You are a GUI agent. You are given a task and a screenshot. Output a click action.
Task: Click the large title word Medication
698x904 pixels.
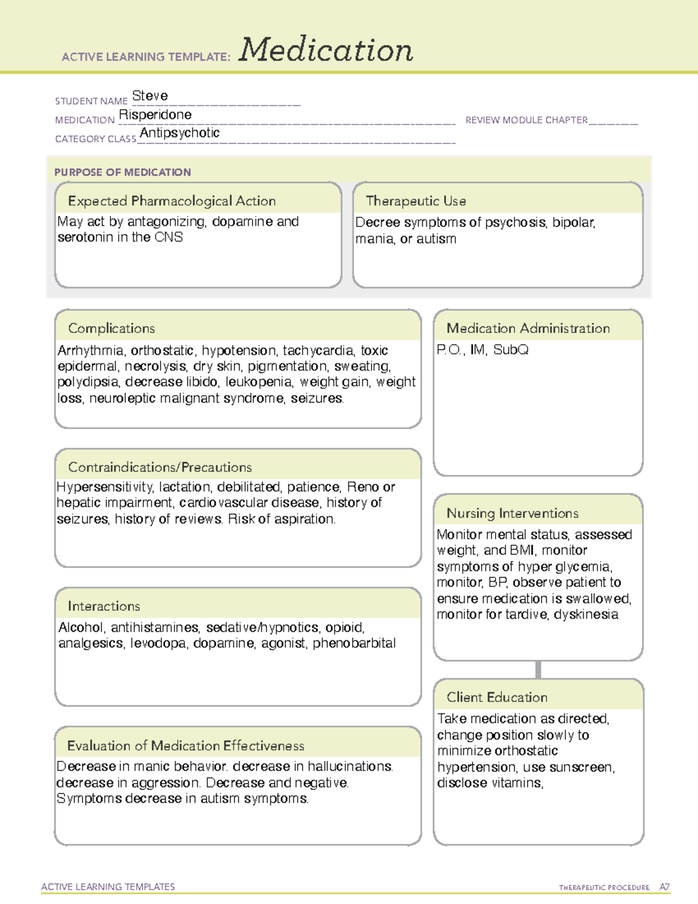click(326, 50)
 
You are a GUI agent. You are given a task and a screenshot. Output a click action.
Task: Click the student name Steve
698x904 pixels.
click(150, 95)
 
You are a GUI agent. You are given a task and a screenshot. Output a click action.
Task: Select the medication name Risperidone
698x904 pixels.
click(155, 115)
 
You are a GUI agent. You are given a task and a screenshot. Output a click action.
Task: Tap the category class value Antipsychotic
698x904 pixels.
click(180, 133)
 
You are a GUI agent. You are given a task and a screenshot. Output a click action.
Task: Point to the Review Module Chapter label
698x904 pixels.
click(526, 120)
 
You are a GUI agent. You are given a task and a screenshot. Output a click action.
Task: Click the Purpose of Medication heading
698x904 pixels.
click(123, 172)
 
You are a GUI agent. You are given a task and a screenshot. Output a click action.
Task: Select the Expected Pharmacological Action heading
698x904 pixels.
click(172, 201)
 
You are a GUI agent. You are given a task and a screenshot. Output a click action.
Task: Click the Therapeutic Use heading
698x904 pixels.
click(416, 201)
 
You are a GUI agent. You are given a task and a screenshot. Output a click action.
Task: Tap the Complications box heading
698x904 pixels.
click(112, 328)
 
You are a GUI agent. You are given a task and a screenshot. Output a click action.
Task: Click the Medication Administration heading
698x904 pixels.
click(528, 328)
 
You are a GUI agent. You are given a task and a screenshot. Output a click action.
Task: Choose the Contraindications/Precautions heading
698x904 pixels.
click(160, 467)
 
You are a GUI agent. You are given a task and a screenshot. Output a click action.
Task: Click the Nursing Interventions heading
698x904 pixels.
click(512, 513)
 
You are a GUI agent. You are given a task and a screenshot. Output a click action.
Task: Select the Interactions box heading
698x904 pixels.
click(104, 606)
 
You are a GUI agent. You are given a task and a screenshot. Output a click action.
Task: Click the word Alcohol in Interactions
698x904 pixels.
click(81, 628)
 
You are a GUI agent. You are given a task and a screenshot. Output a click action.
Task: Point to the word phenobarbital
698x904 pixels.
click(354, 643)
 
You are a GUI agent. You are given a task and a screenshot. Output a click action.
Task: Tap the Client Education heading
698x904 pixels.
click(497, 697)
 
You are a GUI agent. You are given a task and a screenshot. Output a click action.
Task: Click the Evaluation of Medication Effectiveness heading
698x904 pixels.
click(186, 746)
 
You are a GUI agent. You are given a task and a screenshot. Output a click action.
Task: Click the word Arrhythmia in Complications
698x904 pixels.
click(90, 350)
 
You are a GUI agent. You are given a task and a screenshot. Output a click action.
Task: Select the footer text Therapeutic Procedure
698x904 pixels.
click(604, 888)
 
